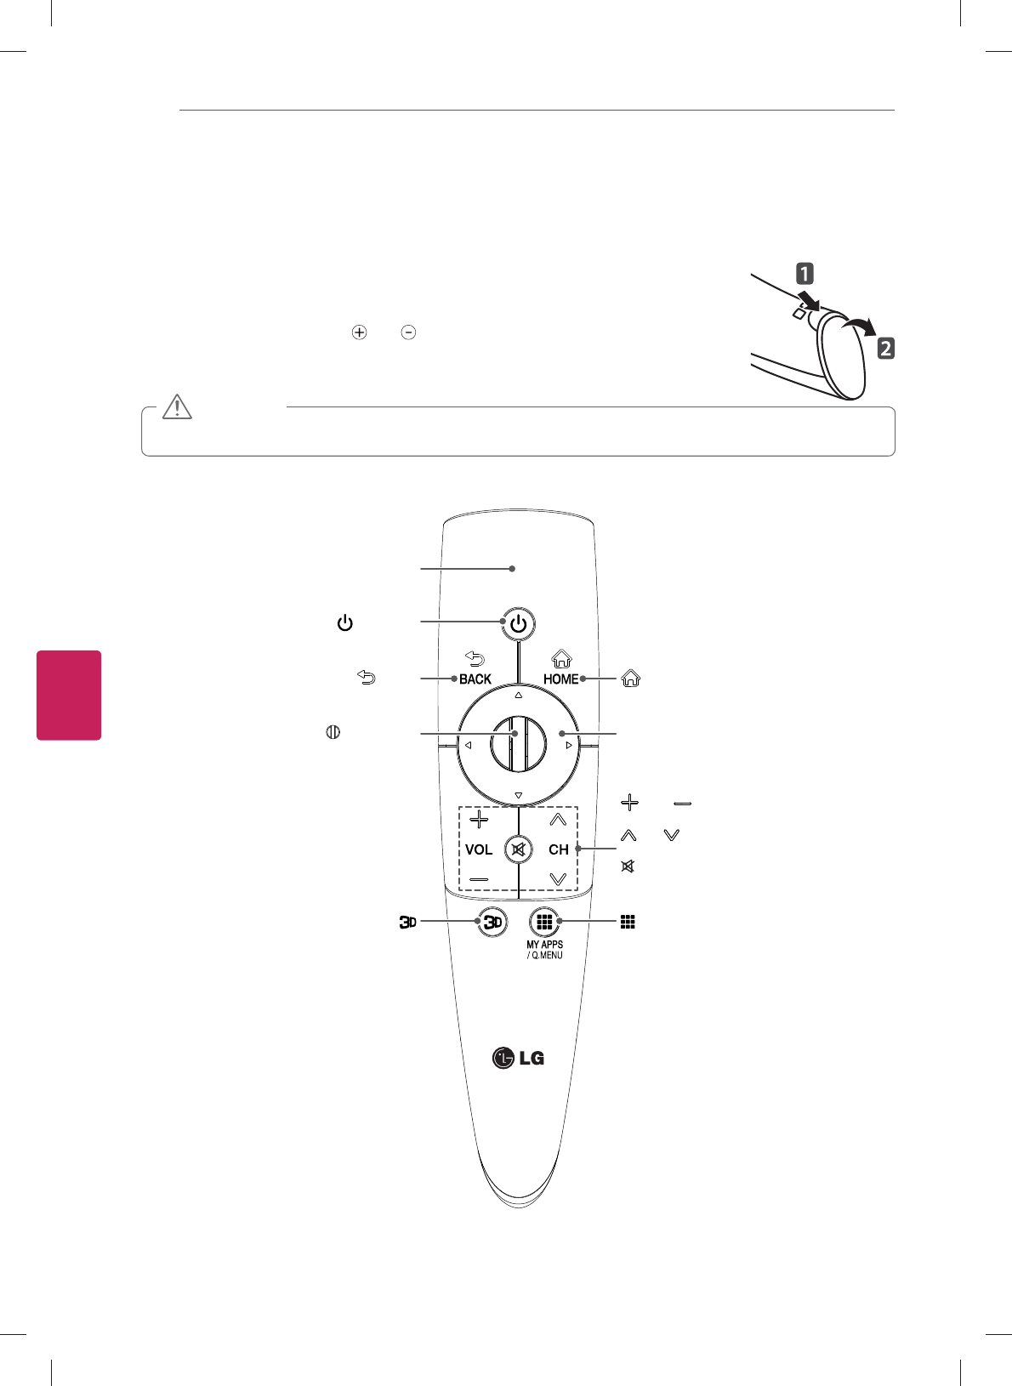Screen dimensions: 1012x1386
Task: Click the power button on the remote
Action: pyautogui.click(x=518, y=624)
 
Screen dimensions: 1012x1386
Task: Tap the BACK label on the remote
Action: pyautogui.click(x=475, y=679)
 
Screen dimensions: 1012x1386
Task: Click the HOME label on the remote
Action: pyautogui.click(x=560, y=679)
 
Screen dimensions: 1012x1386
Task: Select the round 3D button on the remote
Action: pyautogui.click(x=492, y=922)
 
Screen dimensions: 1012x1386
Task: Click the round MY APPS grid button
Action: pyautogui.click(x=544, y=922)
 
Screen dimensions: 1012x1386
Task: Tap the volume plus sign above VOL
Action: pyautogui.click(x=479, y=820)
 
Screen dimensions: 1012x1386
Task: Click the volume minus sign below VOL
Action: pyautogui.click(x=479, y=878)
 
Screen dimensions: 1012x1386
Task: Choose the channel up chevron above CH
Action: pyautogui.click(x=558, y=820)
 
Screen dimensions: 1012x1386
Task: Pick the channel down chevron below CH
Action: pyautogui.click(x=558, y=878)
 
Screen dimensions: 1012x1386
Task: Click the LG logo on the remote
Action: pyautogui.click(x=518, y=1058)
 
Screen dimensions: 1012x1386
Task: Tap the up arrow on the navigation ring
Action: pyautogui.click(x=518, y=695)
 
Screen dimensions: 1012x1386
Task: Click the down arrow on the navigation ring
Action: pyautogui.click(x=518, y=796)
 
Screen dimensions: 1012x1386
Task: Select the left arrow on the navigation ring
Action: pyautogui.click(x=468, y=746)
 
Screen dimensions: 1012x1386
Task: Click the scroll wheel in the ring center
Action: pyautogui.click(x=518, y=744)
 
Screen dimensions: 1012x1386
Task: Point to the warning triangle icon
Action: pyautogui.click(x=177, y=407)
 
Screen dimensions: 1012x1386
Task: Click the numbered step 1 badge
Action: pyautogui.click(x=804, y=274)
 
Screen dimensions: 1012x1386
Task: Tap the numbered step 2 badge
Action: pyautogui.click(x=885, y=348)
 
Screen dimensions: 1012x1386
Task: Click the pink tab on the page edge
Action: pyautogui.click(x=69, y=695)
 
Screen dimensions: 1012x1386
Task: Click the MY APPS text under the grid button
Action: pyautogui.click(x=544, y=944)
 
